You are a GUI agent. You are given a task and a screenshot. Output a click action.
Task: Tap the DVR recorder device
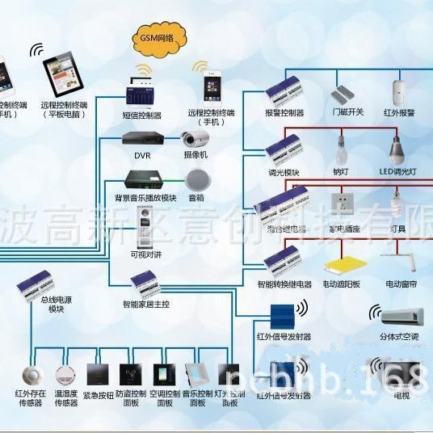[x=143, y=137]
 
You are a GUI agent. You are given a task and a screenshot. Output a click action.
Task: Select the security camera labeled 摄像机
[x=194, y=138]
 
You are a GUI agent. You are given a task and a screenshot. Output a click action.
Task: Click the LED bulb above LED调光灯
[x=396, y=149]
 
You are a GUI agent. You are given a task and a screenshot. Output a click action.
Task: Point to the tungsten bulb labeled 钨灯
[x=341, y=149]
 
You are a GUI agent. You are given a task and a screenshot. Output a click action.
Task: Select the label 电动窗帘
[x=401, y=284]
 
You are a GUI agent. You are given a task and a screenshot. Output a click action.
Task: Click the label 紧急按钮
[x=97, y=397]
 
